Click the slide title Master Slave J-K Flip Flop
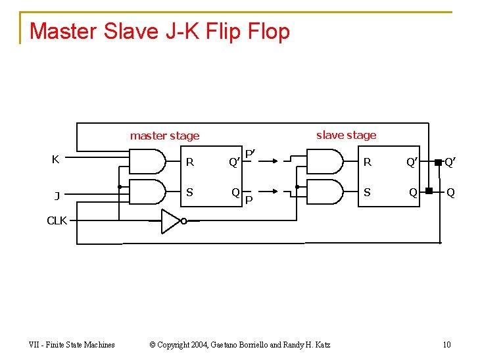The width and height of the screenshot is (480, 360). click(160, 31)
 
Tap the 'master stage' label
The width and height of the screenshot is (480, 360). click(164, 136)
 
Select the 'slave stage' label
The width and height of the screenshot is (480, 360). click(346, 135)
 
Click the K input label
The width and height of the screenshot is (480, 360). click(56, 159)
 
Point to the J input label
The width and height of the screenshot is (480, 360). click(57, 195)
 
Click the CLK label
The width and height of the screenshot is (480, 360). click(57, 220)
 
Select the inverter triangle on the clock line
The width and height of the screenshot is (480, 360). click(171, 221)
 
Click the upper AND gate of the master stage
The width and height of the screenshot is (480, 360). click(147, 161)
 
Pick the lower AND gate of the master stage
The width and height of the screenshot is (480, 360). click(147, 191)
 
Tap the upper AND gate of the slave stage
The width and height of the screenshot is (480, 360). click(325, 161)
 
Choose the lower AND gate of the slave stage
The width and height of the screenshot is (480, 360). click(325, 191)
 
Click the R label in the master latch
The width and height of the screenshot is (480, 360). click(190, 162)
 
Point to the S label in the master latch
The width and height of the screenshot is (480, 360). click(189, 192)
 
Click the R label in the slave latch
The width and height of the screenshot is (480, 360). click(368, 162)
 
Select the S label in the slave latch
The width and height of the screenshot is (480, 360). click(367, 192)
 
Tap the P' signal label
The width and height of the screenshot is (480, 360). click(250, 154)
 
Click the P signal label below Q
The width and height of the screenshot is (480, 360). click(249, 200)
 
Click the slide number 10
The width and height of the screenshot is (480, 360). click(446, 344)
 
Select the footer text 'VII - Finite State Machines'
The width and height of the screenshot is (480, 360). click(72, 344)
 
